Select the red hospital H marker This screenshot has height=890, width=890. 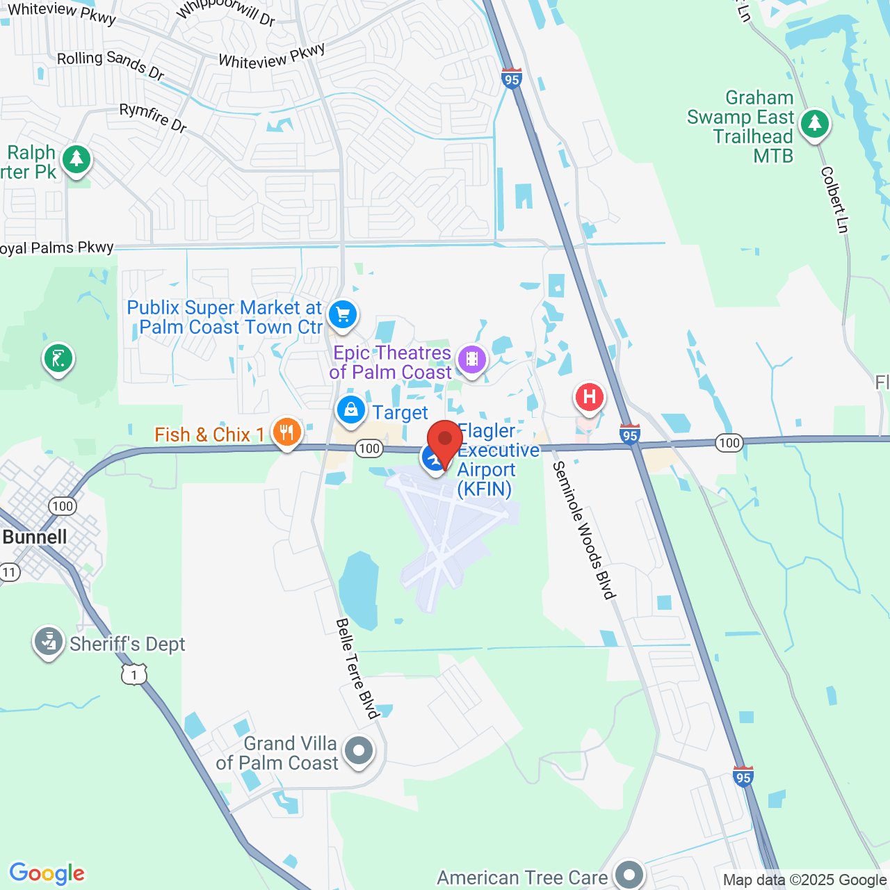(589, 398)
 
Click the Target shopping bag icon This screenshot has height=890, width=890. (351, 410)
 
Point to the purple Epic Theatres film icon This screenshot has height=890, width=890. (472, 359)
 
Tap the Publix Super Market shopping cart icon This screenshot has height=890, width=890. (342, 314)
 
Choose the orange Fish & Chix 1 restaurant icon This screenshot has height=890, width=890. (286, 432)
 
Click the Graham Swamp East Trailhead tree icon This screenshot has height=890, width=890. (814, 124)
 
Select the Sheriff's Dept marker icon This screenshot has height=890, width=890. (49, 642)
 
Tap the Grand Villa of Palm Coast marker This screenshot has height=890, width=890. (359, 751)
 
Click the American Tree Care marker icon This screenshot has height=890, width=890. (629, 875)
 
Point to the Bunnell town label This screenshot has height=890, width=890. (35, 537)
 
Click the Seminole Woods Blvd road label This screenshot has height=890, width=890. (584, 530)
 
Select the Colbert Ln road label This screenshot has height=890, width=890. (835, 200)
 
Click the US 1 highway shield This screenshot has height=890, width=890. (134, 674)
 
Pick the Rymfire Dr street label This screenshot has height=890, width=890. (153, 118)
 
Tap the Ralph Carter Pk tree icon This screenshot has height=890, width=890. (76, 159)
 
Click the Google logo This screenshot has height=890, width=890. (47, 873)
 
